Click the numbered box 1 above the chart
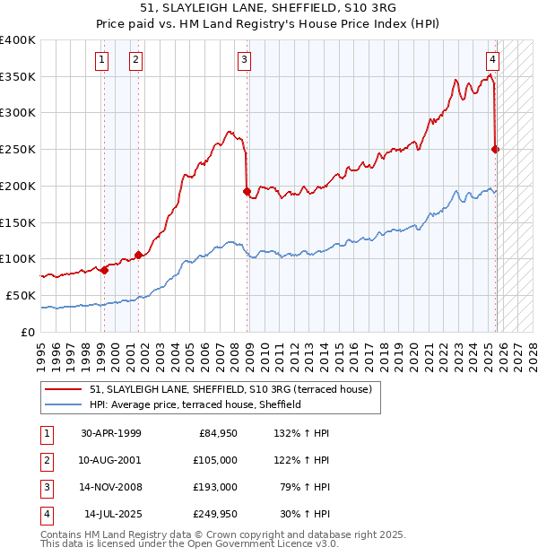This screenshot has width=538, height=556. pyautogui.click(x=102, y=60)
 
